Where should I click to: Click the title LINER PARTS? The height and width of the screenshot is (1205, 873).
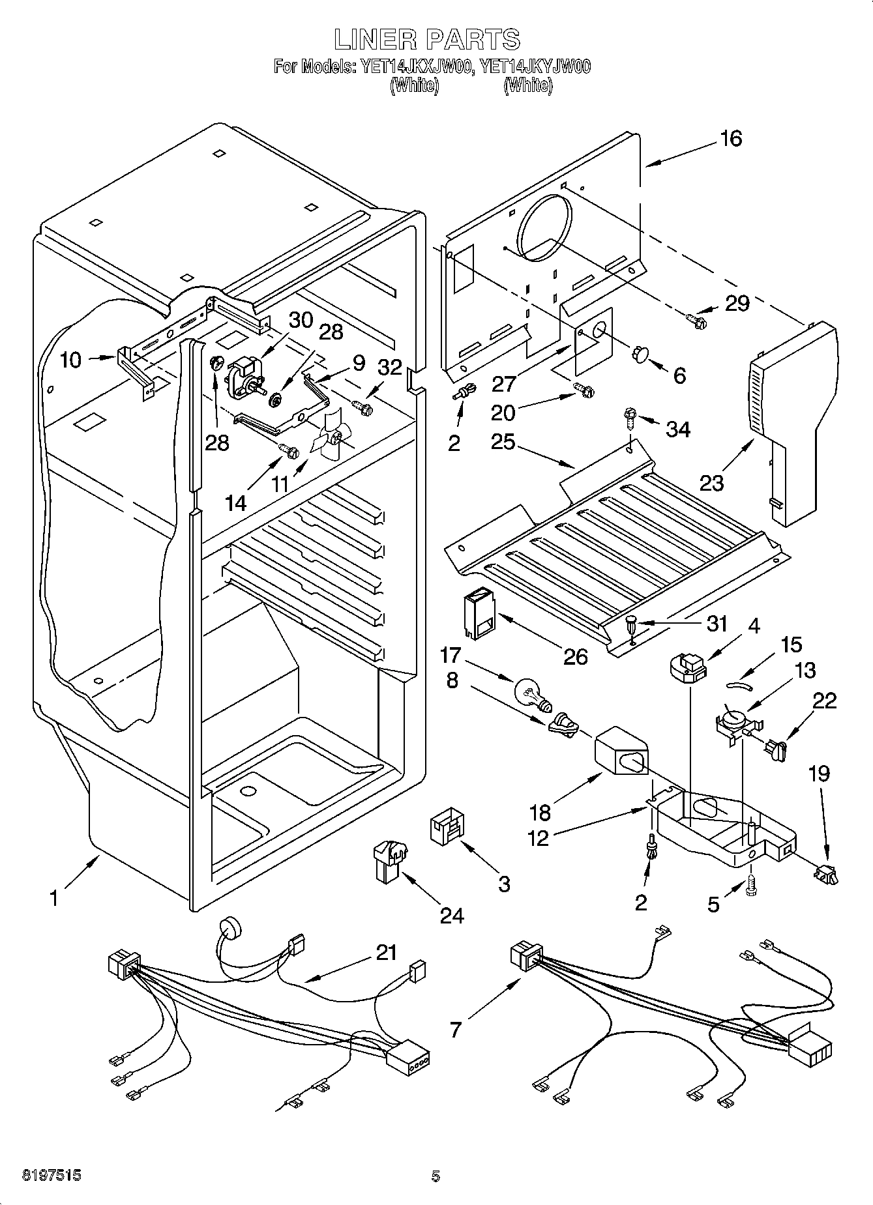[428, 39]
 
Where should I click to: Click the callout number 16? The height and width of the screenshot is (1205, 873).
[732, 138]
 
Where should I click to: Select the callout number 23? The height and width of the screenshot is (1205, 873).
[711, 483]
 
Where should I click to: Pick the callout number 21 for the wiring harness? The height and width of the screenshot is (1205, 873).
[386, 953]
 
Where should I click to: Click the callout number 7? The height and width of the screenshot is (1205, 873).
[455, 1030]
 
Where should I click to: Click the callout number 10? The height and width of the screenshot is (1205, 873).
[71, 359]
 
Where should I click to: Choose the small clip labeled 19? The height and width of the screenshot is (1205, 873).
[825, 874]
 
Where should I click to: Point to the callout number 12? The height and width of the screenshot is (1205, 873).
[538, 837]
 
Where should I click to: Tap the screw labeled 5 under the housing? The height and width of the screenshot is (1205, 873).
[750, 887]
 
